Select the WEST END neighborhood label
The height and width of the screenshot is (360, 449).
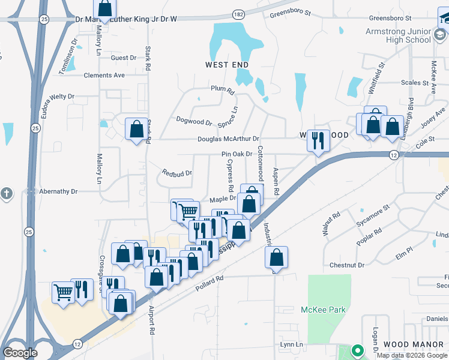(x=227, y=64)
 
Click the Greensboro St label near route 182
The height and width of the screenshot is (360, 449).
(x=291, y=13)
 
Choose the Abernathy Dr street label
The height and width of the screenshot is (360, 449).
(x=58, y=191)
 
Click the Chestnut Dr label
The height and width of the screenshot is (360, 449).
(x=347, y=265)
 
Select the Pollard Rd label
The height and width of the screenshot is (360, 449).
(x=209, y=283)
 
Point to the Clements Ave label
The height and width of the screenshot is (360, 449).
(x=104, y=76)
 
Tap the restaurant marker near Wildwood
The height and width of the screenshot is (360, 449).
(x=318, y=142)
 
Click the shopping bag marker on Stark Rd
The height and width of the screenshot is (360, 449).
(x=136, y=130)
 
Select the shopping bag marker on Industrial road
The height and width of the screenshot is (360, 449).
(x=276, y=258)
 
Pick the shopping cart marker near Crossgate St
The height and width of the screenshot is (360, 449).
(x=63, y=293)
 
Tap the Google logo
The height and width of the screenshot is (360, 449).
(x=20, y=353)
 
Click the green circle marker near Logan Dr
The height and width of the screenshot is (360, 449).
(x=357, y=350)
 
